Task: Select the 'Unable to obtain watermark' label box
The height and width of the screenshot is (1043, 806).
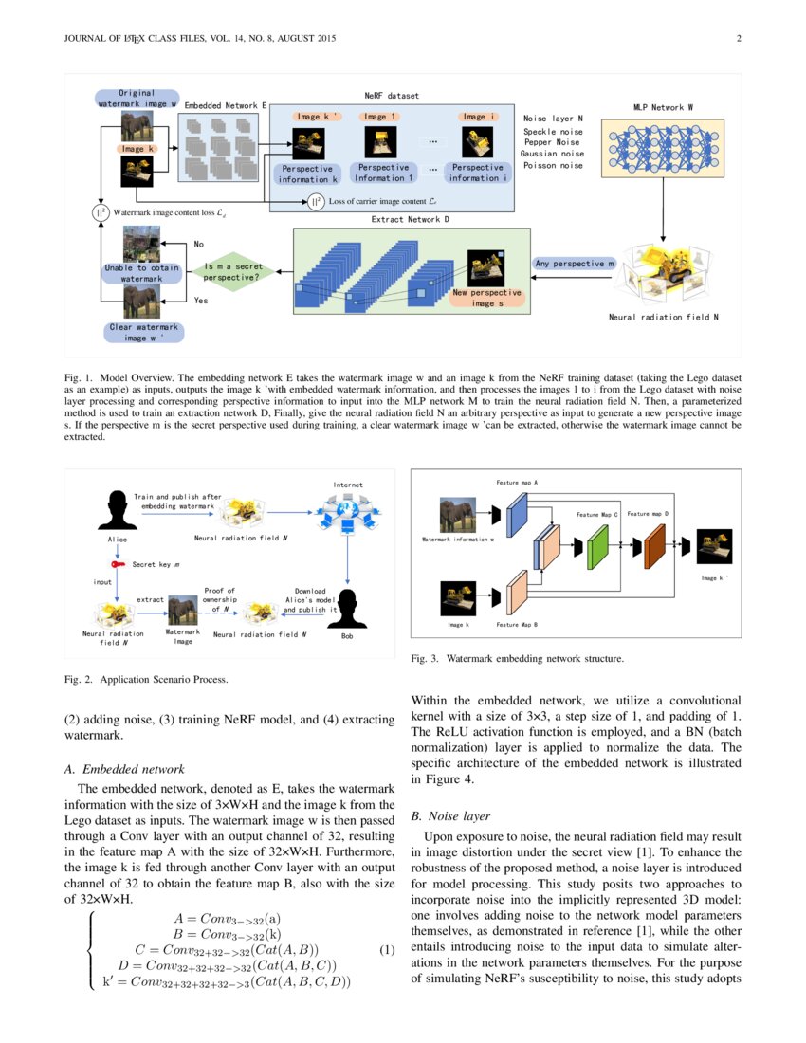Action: (141, 273)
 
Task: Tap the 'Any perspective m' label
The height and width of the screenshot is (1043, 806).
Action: (575, 263)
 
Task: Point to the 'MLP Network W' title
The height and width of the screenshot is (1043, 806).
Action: (663, 107)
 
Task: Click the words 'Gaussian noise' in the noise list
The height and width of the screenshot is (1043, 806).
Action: (552, 154)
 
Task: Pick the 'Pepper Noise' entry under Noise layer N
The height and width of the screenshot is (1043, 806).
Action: (552, 142)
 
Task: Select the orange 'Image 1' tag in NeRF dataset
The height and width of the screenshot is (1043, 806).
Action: (379, 117)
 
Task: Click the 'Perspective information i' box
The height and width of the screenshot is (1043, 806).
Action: (478, 173)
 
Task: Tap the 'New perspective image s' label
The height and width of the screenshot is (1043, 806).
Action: (486, 298)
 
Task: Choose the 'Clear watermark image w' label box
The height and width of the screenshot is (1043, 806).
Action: (142, 332)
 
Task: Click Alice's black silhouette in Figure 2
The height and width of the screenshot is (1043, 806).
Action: (119, 511)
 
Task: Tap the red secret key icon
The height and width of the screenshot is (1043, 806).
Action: (118, 564)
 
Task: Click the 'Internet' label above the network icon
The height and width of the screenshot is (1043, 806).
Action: (348, 485)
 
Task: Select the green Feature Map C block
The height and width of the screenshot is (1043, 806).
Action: (596, 547)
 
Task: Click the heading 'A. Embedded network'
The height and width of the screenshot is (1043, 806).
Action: (133, 769)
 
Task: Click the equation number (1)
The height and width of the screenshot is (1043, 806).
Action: (387, 950)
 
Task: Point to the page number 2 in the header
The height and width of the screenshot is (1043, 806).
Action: (738, 39)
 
